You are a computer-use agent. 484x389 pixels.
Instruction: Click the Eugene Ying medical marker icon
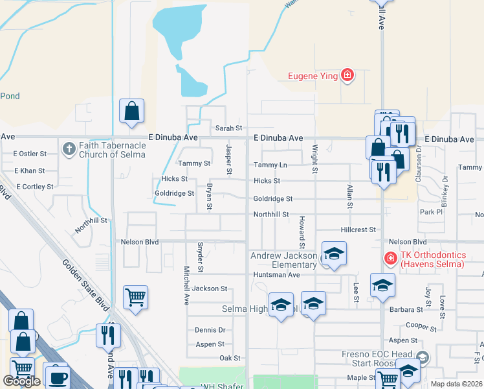347,76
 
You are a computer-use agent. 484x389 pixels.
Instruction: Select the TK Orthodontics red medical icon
391,259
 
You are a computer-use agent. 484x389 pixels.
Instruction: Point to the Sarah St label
228,128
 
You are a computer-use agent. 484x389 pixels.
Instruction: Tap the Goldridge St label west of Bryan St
174,193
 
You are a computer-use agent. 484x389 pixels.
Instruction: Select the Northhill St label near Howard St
270,214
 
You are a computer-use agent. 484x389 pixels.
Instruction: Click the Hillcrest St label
358,230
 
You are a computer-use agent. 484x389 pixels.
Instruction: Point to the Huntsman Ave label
276,275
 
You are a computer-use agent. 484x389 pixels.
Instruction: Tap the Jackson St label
210,289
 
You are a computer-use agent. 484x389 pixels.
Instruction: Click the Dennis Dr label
210,330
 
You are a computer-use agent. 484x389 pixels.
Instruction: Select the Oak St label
230,358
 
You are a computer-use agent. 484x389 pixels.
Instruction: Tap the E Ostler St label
30,154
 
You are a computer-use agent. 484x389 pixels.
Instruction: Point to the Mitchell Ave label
186,286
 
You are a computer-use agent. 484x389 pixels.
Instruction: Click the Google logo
21,381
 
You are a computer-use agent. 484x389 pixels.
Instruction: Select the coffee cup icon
56,376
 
